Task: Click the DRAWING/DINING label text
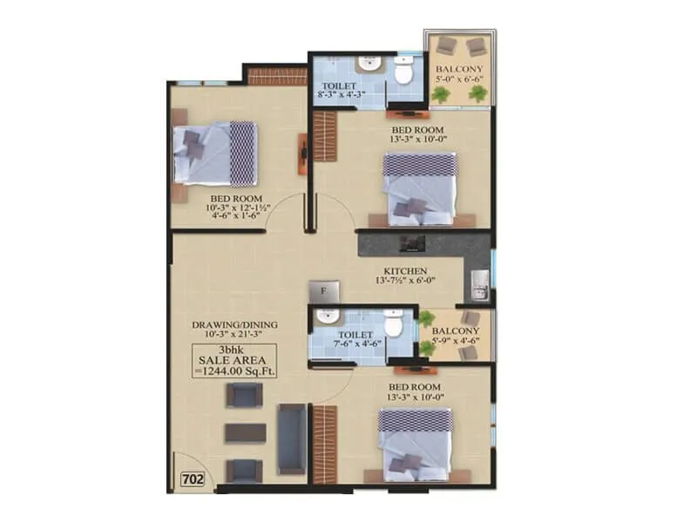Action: [x=235, y=325]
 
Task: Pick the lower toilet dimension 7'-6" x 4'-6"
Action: [x=356, y=343]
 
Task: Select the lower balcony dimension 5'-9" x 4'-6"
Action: [x=456, y=342]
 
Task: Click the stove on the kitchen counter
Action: [x=409, y=243]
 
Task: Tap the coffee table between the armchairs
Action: [x=245, y=433]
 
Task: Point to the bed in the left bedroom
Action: [x=214, y=153]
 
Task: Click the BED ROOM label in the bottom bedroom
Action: [x=414, y=386]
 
